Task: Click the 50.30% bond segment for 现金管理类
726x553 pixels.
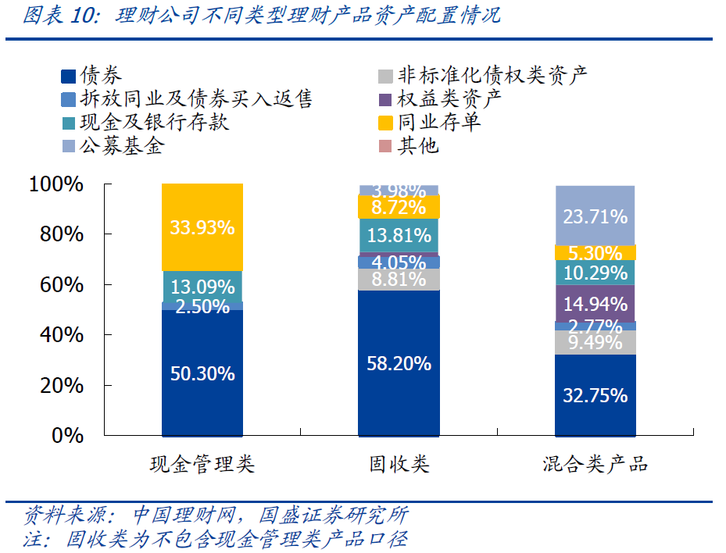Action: coord(202,373)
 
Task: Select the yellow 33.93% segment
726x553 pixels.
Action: coord(202,227)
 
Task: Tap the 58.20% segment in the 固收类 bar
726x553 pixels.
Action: coord(399,363)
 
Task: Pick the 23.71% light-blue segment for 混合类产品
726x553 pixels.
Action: coord(595,216)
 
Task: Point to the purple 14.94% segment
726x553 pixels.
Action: coord(595,303)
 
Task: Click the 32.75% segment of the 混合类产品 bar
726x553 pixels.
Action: coord(595,394)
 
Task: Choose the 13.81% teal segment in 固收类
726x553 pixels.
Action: coord(399,235)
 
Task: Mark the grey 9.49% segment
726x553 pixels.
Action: coord(595,342)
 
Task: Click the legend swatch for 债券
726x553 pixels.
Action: coord(68,77)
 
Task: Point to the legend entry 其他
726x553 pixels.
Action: coord(419,145)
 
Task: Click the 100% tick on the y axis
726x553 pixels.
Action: coord(55,184)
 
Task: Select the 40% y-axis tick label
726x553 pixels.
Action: coord(61,335)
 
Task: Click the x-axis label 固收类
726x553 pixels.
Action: coord(399,465)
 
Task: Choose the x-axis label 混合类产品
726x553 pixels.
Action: coord(595,465)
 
